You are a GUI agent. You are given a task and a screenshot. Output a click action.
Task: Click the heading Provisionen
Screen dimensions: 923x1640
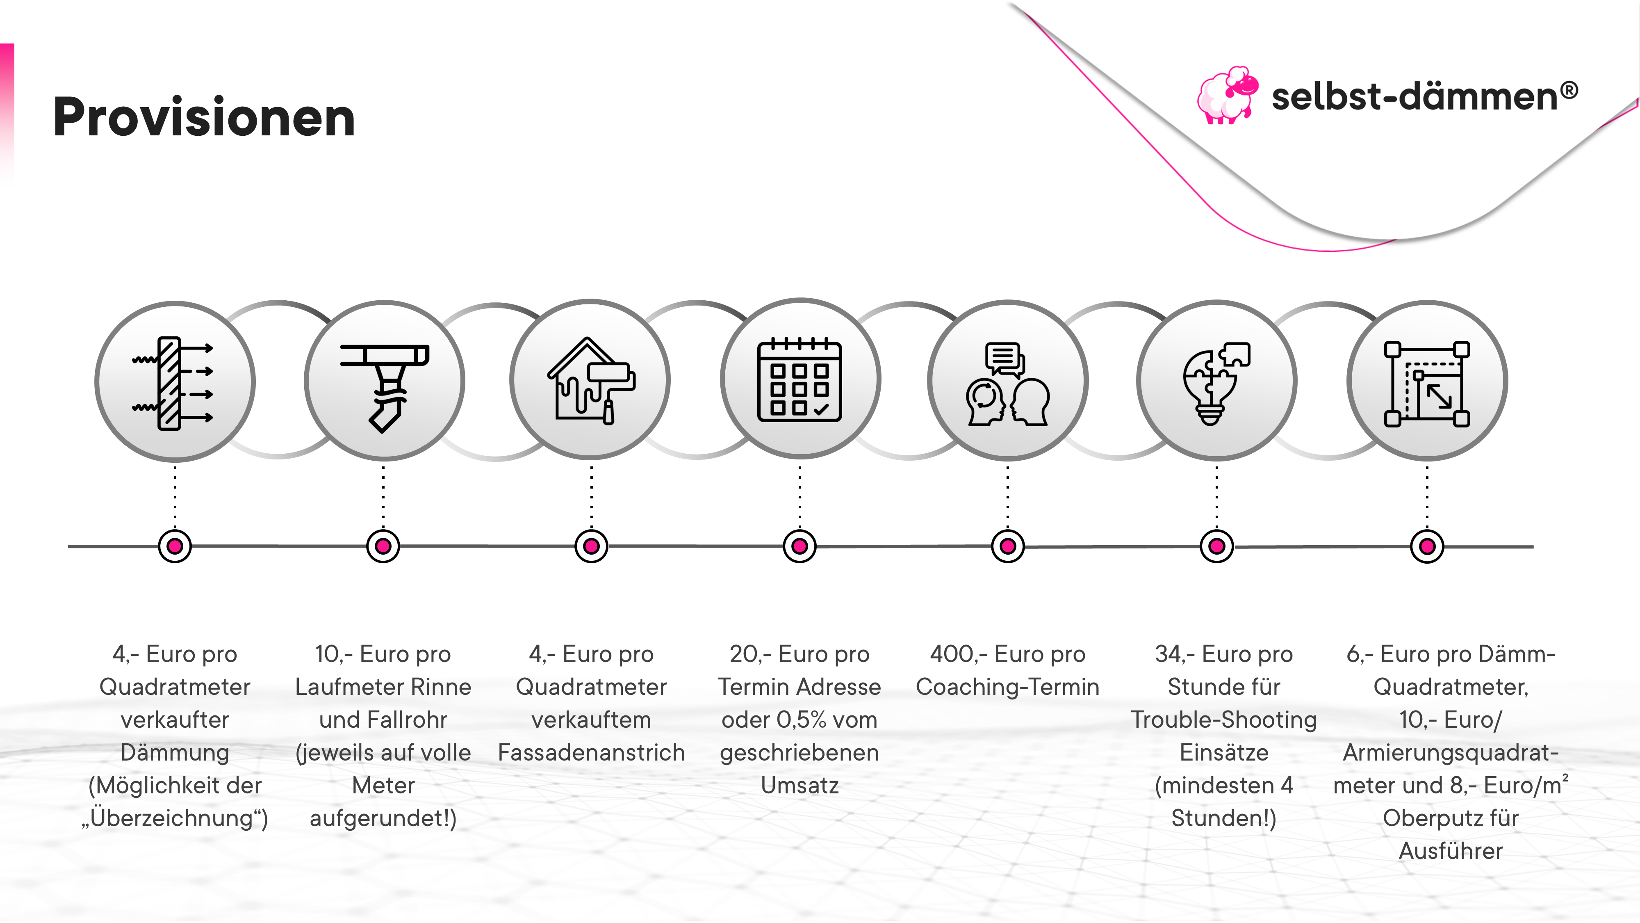204,117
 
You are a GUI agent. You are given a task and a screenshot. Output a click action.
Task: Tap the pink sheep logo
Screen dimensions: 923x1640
1226,96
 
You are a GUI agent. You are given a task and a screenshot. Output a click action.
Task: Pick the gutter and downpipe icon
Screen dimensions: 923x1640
384,382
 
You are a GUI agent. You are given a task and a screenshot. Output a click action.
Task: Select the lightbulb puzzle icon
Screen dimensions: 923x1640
1216,382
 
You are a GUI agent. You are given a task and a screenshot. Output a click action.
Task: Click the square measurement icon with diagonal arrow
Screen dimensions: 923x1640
1427,383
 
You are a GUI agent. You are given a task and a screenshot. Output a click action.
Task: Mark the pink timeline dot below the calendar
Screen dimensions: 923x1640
799,546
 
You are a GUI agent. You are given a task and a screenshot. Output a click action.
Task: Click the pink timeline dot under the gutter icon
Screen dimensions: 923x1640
383,546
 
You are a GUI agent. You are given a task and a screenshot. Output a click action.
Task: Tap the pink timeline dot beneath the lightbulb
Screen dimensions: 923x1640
1216,546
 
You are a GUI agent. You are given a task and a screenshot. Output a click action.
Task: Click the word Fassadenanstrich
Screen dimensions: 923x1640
591,752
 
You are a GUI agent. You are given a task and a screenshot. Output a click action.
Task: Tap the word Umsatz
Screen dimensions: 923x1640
799,785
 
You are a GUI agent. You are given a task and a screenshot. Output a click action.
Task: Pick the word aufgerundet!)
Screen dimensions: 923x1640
383,818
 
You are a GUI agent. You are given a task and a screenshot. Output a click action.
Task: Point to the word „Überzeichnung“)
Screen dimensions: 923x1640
175,818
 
